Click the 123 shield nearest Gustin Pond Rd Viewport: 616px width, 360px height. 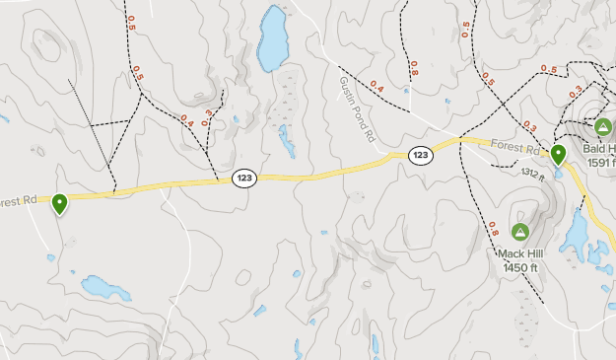[x=421, y=156]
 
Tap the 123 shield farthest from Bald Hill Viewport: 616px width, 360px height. [x=244, y=178]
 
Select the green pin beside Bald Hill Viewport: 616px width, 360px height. [x=558, y=155]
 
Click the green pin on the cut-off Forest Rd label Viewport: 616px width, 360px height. [x=60, y=204]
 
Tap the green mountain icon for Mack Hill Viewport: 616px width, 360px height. [x=520, y=232]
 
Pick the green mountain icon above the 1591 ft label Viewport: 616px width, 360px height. [x=603, y=126]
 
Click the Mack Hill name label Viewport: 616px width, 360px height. [x=520, y=252]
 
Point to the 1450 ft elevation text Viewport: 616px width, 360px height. [x=521, y=266]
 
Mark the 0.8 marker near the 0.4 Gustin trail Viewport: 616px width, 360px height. [x=413, y=68]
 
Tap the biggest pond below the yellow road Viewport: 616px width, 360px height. [x=104, y=288]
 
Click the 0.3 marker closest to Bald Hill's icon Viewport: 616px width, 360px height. [x=575, y=93]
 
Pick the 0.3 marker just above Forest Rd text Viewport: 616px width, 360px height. [x=529, y=127]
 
